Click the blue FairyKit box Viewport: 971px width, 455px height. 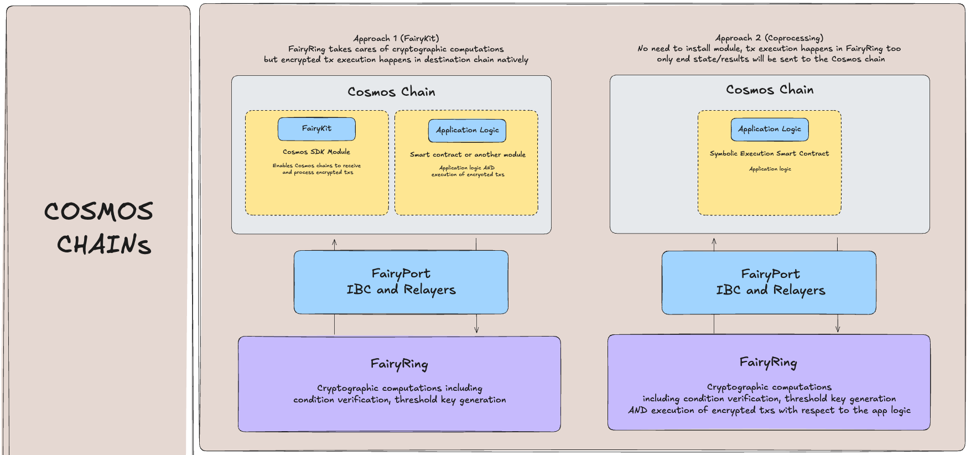pyautogui.click(x=316, y=129)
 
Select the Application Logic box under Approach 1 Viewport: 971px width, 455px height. pyautogui.click(x=467, y=131)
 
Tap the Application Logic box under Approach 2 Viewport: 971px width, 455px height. pyautogui.click(x=770, y=130)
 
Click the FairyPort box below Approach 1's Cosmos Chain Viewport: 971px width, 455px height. pyautogui.click(x=401, y=282)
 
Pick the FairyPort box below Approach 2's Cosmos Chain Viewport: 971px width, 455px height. pyautogui.click(x=769, y=283)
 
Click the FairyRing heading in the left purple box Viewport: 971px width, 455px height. pyautogui.click(x=399, y=364)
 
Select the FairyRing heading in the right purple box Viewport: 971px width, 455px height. pyautogui.click(x=769, y=363)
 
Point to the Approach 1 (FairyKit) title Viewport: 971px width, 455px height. pyautogui.click(x=396, y=38)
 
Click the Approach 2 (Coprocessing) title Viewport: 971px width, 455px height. pyautogui.click(x=769, y=38)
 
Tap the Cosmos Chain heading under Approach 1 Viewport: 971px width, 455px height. pyautogui.click(x=391, y=92)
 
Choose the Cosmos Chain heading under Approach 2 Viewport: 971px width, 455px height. pyautogui.click(x=770, y=90)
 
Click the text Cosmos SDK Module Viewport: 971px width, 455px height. pyautogui.click(x=316, y=152)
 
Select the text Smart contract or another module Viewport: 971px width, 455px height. pyautogui.click(x=468, y=154)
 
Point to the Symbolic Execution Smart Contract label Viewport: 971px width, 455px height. pyautogui.click(x=770, y=153)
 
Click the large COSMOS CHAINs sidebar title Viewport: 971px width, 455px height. pyautogui.click(x=98, y=228)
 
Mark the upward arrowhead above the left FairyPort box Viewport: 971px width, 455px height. pyautogui.click(x=334, y=242)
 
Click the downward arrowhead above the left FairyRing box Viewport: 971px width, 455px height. pyautogui.click(x=476, y=330)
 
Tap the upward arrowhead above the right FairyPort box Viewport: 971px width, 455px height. pyautogui.click(x=714, y=241)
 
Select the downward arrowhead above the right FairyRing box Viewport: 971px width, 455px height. pyautogui.click(x=838, y=328)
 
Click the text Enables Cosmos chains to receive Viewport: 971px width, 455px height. pyautogui.click(x=316, y=166)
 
